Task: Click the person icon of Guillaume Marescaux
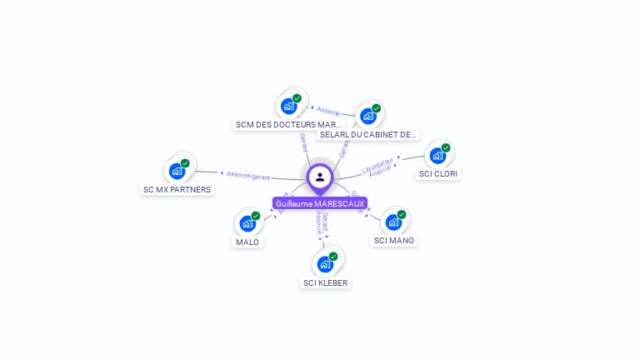(x=320, y=177)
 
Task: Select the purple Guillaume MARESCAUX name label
(x=320, y=203)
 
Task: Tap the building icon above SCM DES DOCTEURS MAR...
(x=288, y=106)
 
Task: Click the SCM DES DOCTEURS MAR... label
(x=288, y=125)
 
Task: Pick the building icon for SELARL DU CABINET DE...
(x=367, y=116)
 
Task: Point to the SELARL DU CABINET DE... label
(x=367, y=134)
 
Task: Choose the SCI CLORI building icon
(x=437, y=156)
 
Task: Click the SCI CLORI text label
(x=438, y=174)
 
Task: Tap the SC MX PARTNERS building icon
(x=177, y=171)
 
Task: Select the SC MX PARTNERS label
(x=177, y=189)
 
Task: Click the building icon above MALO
(x=247, y=223)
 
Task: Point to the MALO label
(x=247, y=242)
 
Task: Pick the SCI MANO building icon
(x=393, y=222)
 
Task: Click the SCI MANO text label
(x=394, y=241)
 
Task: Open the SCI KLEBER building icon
(x=325, y=264)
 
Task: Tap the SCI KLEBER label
(x=326, y=282)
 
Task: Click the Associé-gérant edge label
(x=248, y=175)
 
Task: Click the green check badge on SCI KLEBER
(x=333, y=257)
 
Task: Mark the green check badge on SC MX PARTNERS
(x=185, y=163)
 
